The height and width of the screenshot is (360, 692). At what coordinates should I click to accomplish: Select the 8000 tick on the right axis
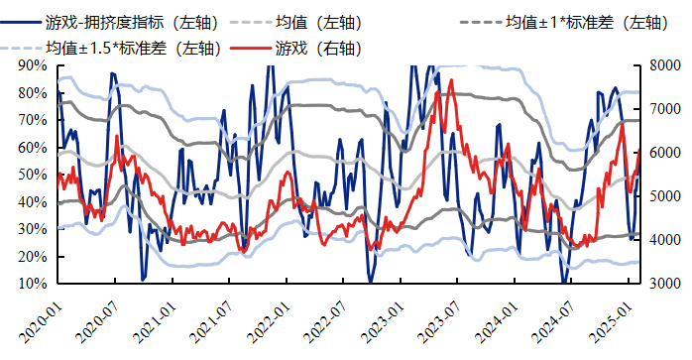tap(663, 65)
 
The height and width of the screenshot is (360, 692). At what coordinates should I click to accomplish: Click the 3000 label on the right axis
tap(663, 284)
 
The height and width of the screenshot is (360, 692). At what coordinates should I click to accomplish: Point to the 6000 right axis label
tap(663, 153)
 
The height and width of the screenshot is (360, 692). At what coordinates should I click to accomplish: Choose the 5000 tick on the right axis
tap(663, 196)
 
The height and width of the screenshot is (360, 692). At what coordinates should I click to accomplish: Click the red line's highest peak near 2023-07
tap(452, 79)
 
